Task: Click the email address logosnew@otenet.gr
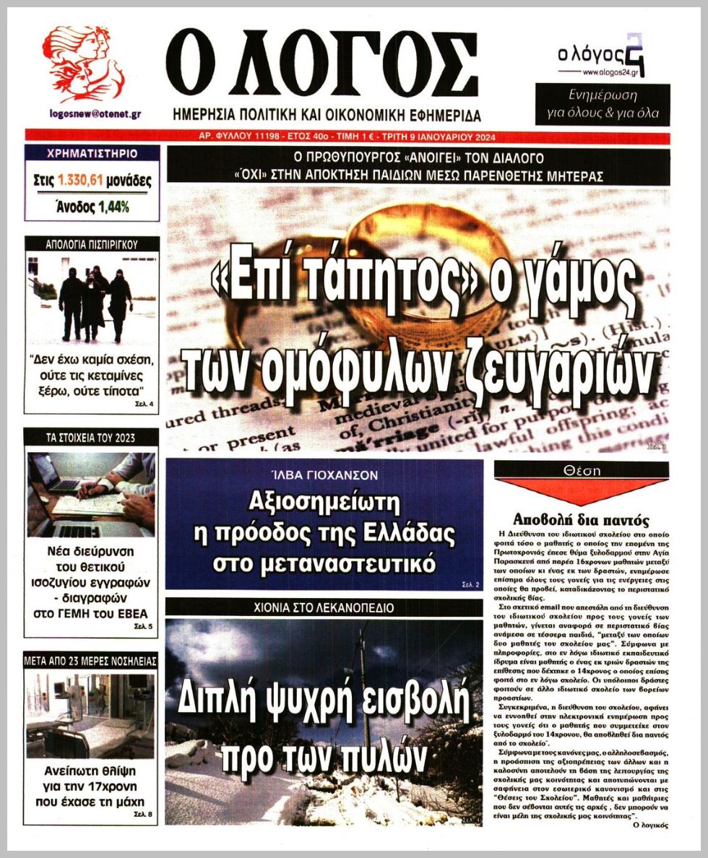(95, 114)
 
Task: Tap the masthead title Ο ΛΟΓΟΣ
(321, 66)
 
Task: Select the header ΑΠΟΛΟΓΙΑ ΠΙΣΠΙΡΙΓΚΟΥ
(91, 244)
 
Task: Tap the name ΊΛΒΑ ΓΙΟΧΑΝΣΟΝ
(324, 475)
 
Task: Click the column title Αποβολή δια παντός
(582, 519)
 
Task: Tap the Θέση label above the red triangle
(582, 469)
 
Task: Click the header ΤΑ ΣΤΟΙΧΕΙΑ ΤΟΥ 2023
(91, 438)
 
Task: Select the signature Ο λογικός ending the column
(649, 823)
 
